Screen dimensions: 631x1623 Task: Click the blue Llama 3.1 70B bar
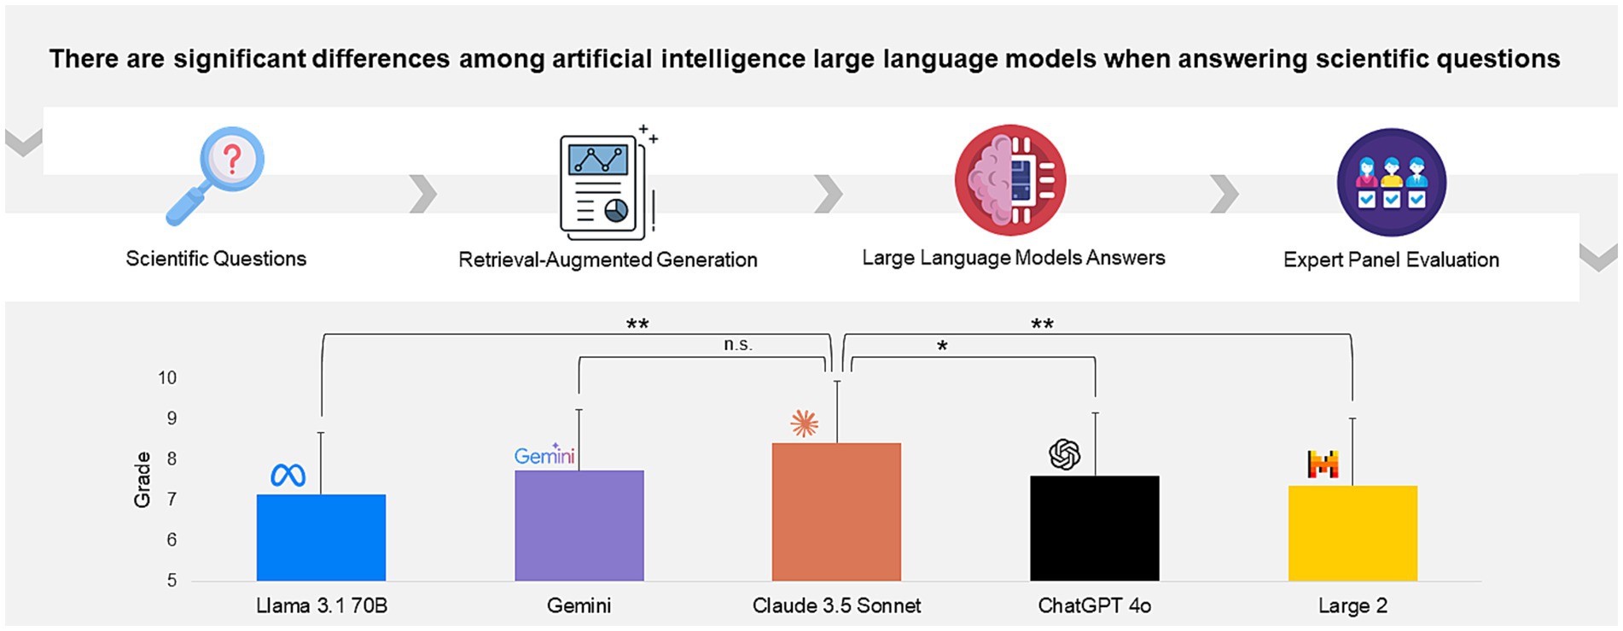pyautogui.click(x=321, y=537)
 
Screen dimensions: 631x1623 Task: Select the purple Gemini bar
pyautogui.click(x=579, y=525)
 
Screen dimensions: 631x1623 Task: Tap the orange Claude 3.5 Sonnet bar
pyautogui.click(x=836, y=511)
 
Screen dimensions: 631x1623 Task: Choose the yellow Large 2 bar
pyautogui.click(x=1352, y=533)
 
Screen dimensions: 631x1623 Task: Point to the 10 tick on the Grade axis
pyautogui.click(x=167, y=377)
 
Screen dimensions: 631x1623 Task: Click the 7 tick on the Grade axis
pyautogui.click(x=172, y=499)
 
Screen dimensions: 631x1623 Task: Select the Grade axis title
pyautogui.click(x=142, y=480)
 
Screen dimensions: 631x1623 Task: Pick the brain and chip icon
pyautogui.click(x=1010, y=180)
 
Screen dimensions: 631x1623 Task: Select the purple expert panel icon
pyautogui.click(x=1391, y=182)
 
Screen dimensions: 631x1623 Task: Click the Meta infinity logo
pyautogui.click(x=288, y=475)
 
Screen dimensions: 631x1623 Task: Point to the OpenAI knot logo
pyautogui.click(x=1064, y=454)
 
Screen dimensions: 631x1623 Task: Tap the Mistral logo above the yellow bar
pyautogui.click(x=1323, y=464)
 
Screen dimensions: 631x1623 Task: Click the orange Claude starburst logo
pyautogui.click(x=804, y=424)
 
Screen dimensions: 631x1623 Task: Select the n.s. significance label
pyautogui.click(x=738, y=344)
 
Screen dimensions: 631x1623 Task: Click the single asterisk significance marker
pyautogui.click(x=942, y=347)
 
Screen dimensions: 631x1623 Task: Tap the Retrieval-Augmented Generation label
pyautogui.click(x=608, y=260)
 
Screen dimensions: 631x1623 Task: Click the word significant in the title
pyautogui.click(x=240, y=59)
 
